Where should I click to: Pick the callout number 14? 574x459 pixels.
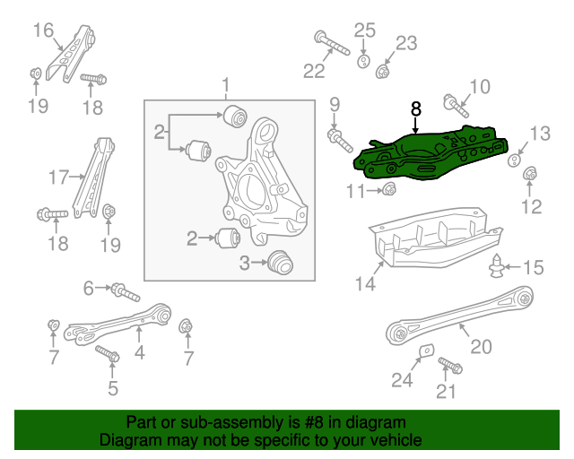363,284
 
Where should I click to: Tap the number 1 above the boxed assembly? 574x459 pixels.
226,85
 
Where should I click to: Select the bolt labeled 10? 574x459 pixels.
455,107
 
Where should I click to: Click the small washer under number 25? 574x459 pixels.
364,61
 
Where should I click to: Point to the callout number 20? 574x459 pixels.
481,345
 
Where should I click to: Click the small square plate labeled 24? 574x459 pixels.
428,351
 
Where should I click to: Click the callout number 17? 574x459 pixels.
59,177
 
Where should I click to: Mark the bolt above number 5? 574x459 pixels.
108,354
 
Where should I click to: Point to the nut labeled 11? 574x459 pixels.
390,189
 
